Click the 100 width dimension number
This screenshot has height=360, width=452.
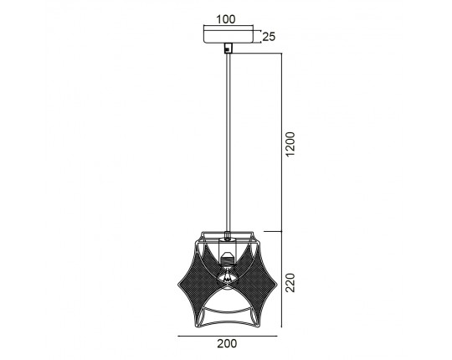point(226,19)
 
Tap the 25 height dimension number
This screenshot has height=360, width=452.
point(269,37)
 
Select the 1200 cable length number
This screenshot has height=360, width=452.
point(290,144)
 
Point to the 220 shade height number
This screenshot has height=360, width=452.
point(290,283)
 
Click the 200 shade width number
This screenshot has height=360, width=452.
point(227,343)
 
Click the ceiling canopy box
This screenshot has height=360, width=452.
point(229,34)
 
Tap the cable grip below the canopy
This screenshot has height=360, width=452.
point(228,48)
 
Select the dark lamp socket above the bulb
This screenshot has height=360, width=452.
point(228,258)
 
